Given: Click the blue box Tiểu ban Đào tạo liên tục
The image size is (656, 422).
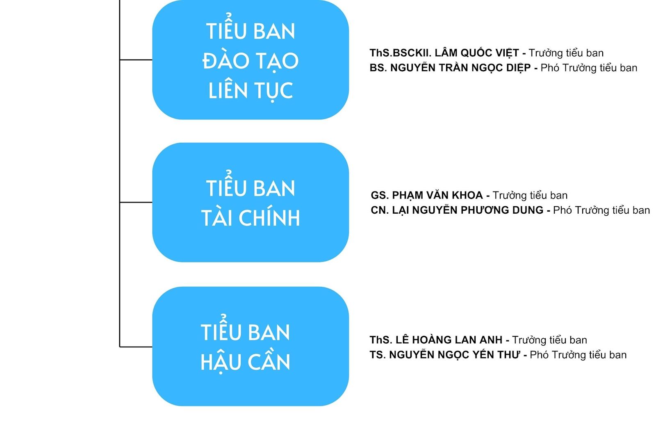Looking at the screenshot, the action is click(x=251, y=60).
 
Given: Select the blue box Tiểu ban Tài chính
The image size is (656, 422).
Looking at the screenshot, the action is click(x=251, y=202).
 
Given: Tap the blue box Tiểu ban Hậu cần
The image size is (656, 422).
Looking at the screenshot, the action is click(x=251, y=347).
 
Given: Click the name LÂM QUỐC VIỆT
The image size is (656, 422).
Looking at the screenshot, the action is click(x=477, y=53).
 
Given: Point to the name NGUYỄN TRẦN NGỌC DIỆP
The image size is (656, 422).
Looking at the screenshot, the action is click(x=460, y=68).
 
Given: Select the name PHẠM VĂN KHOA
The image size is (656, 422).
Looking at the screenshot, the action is click(x=437, y=195).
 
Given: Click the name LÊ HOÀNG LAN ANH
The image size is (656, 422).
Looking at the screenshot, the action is click(x=449, y=340).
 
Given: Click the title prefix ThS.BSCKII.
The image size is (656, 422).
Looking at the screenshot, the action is click(x=400, y=53).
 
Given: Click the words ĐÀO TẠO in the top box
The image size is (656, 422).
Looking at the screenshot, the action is click(x=251, y=61).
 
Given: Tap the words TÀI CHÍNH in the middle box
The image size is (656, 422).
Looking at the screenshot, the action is click(x=251, y=218).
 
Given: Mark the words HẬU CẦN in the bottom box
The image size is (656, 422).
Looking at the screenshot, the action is click(x=245, y=361).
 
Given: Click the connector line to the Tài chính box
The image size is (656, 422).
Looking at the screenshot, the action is click(x=136, y=202).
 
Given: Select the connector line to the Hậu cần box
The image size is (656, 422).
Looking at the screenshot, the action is click(x=136, y=347).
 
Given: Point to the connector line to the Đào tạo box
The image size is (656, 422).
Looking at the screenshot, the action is click(x=136, y=60).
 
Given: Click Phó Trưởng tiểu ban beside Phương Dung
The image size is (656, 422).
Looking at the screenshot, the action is click(x=601, y=210).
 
